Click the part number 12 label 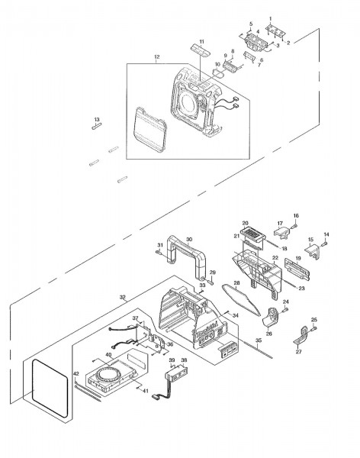tap(156, 56)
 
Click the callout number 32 tap(122, 298)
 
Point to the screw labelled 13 tap(98, 128)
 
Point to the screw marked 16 tap(295, 226)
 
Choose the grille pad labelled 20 tap(250, 233)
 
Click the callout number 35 tap(259, 340)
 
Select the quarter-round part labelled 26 tap(273, 315)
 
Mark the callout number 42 tap(76, 373)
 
